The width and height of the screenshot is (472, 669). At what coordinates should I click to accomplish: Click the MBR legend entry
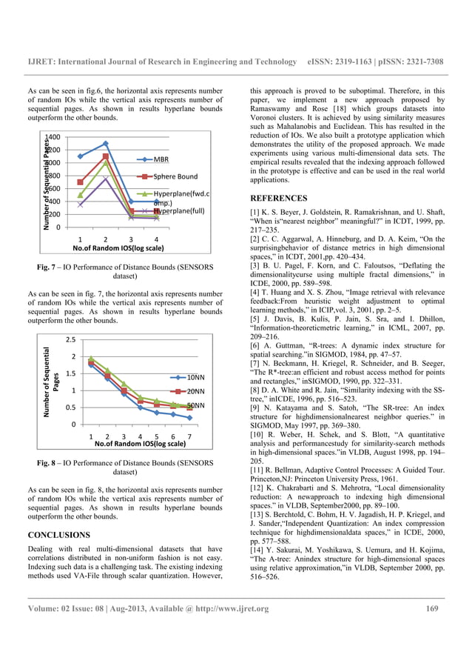point(161,159)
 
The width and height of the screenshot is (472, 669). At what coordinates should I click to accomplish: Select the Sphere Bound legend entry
point(175,176)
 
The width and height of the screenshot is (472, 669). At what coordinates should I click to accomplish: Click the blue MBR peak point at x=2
point(106,143)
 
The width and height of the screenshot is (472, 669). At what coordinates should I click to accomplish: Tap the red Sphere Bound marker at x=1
point(80,182)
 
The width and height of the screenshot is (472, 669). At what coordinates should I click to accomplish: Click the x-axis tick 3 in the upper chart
point(131,240)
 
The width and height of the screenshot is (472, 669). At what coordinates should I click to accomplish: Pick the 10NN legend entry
point(195,377)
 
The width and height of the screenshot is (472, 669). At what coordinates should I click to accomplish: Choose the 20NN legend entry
point(195,391)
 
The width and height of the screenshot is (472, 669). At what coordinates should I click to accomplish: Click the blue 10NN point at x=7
point(190,418)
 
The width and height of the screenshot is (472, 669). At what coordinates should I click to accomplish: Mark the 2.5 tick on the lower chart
point(71,340)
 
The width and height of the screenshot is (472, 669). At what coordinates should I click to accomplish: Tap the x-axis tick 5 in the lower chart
point(157,436)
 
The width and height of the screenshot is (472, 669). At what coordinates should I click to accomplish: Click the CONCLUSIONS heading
point(58,534)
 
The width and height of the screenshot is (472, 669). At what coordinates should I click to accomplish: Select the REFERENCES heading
point(279,199)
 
